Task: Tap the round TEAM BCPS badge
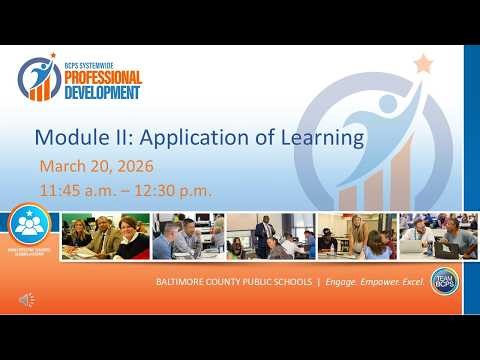click(444, 282)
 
